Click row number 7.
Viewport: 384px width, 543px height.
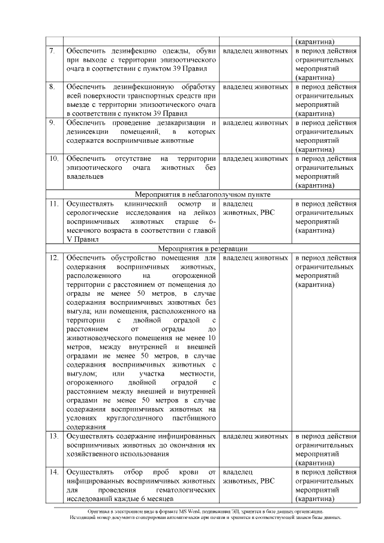pos(53,52)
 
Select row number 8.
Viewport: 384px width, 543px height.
pos(53,87)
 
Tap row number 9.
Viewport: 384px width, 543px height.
pos(53,122)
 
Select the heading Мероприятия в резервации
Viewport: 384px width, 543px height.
pos(202,248)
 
